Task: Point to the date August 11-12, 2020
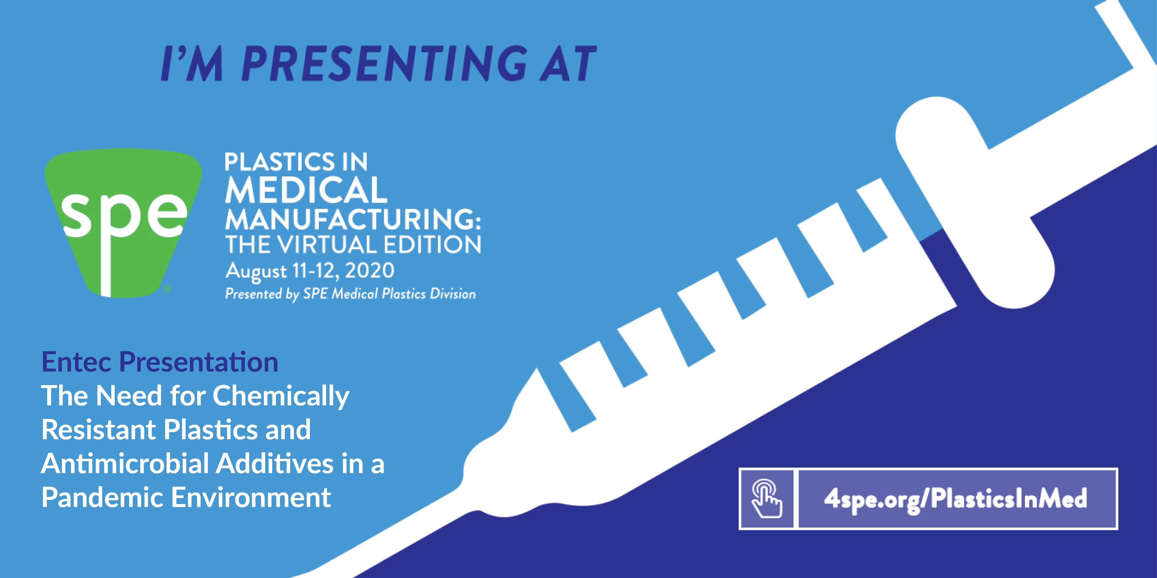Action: (310, 271)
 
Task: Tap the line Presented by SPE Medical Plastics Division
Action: (350, 294)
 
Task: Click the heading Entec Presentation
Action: (160, 362)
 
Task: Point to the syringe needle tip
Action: (292, 577)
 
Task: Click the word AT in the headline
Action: (568, 63)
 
